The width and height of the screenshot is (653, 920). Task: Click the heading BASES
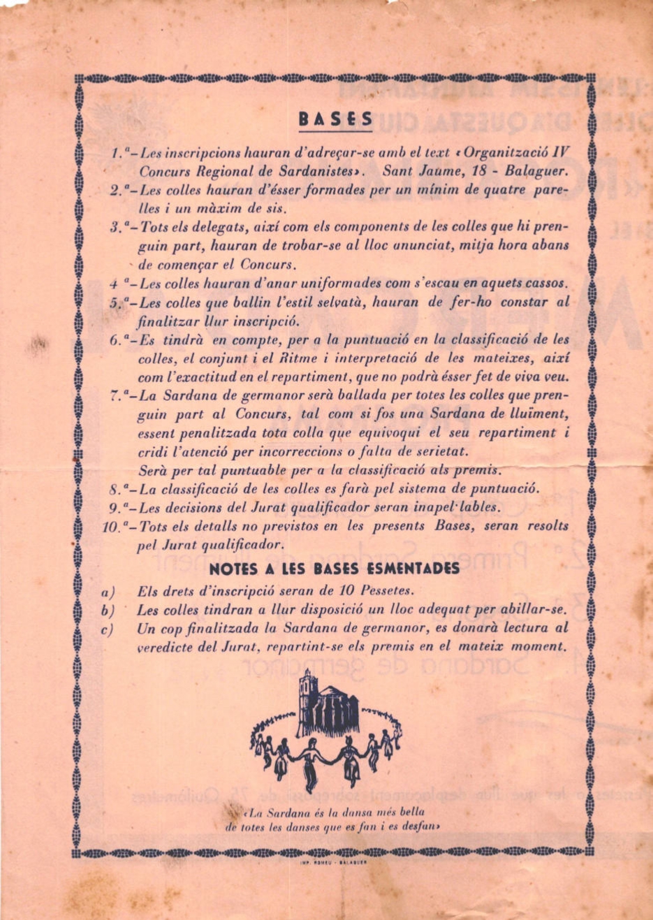(335, 119)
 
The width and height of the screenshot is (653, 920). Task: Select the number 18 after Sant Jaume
(468, 170)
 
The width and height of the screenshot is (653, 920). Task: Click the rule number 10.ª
(117, 526)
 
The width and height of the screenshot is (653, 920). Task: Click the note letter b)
(108, 609)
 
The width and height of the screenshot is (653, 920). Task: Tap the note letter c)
(108, 628)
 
